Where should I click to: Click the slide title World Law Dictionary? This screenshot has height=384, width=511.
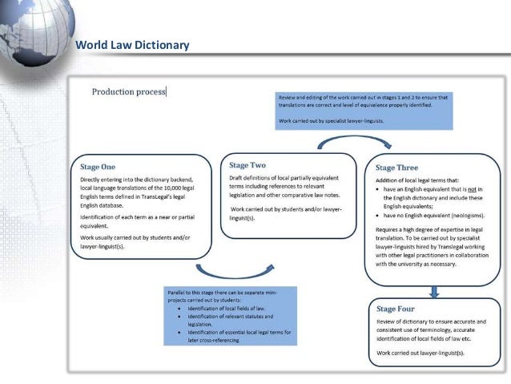point(131,45)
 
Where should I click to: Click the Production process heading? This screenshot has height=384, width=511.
point(128,91)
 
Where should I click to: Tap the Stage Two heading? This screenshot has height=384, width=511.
point(247,164)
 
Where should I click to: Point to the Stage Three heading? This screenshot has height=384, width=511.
point(396,168)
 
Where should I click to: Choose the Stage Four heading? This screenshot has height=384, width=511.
point(395,309)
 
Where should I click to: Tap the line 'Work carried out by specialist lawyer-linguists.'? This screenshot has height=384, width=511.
point(330,121)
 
